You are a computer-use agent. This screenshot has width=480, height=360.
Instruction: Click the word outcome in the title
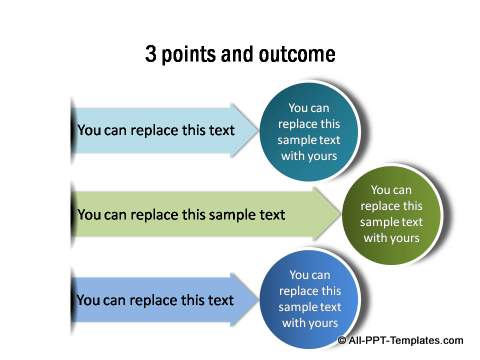point(298,54)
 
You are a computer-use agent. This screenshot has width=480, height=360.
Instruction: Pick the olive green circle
point(391,213)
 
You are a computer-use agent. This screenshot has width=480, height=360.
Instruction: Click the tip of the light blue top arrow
point(258,129)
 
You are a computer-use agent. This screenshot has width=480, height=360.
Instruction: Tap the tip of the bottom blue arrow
point(258,300)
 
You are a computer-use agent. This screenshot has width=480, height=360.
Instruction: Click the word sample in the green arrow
point(220,214)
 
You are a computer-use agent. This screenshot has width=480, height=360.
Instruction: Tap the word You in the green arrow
point(89,214)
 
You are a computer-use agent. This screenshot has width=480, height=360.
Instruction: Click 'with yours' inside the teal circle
point(307,156)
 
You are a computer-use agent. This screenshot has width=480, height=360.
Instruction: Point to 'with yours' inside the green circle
point(391,238)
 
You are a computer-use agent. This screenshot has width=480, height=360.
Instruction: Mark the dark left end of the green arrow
point(73,214)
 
